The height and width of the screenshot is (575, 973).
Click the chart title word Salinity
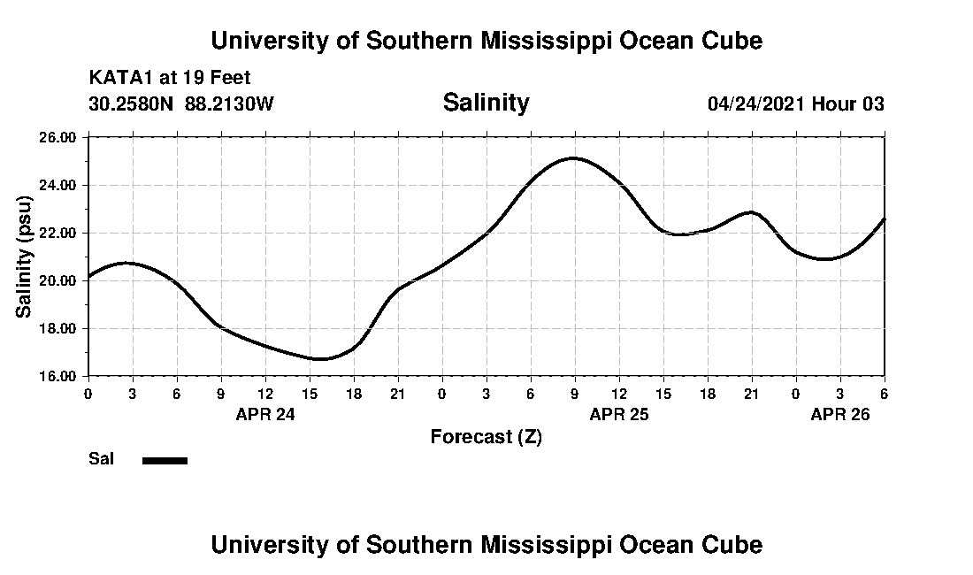[486, 103]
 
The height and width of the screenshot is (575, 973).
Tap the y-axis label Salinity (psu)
[24, 256]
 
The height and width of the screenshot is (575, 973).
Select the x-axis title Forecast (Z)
[486, 436]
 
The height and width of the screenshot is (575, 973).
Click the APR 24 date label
[265, 414]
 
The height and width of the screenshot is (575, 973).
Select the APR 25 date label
[619, 414]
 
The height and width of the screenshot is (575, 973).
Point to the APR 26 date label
[840, 414]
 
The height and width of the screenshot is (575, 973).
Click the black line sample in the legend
[165, 460]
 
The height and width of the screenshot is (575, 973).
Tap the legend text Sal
[101, 459]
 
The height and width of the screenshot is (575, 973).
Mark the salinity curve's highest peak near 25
[573, 158]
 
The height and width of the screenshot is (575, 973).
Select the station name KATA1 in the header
[121, 79]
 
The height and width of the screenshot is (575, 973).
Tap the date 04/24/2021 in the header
[755, 103]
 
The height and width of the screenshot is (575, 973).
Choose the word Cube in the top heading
[732, 41]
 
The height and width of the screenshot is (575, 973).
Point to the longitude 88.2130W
[230, 103]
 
